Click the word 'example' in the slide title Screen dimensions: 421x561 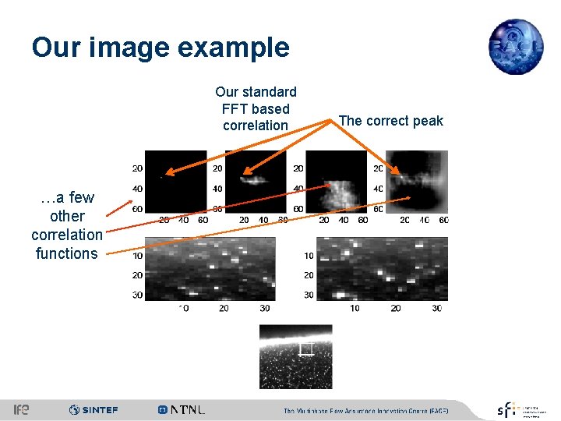[235, 48]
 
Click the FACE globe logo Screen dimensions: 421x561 [516, 47]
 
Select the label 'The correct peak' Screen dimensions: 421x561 [390, 121]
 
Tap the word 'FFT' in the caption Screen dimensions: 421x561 [235, 109]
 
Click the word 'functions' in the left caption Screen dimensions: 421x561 [67, 253]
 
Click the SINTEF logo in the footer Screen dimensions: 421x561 [93, 409]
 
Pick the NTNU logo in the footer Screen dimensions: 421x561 [182, 409]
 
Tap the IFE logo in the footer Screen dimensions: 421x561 [21, 409]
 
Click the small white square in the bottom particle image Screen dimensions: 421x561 [306, 348]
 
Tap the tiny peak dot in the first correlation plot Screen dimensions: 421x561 [161, 179]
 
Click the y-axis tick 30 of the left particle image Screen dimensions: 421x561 [137, 295]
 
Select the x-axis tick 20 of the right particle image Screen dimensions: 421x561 [396, 309]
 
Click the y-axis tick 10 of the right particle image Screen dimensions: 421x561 [309, 256]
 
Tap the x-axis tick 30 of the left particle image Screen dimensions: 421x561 [264, 309]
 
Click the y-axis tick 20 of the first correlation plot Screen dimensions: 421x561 [137, 168]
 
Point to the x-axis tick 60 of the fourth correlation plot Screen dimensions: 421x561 [443, 221]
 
